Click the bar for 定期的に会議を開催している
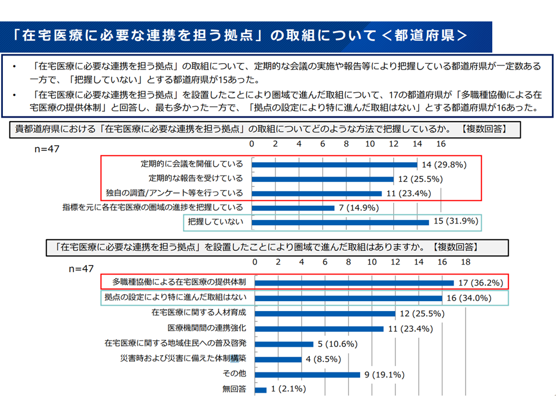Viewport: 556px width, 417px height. click(335, 164)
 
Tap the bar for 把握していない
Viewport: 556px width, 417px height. click(341, 222)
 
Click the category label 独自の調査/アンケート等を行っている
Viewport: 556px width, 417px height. click(174, 193)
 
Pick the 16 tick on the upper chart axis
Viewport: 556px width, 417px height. click(441, 144)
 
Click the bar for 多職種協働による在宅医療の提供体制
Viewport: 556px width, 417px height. click(354, 283)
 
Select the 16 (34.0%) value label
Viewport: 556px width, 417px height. click(468, 299)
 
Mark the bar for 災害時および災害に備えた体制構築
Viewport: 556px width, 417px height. click(278, 359)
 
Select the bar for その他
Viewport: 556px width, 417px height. click(308, 374)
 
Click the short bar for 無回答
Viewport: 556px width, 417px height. click(261, 389)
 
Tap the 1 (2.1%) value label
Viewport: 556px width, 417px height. click(287, 389)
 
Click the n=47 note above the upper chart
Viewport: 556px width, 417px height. click(47, 149)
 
